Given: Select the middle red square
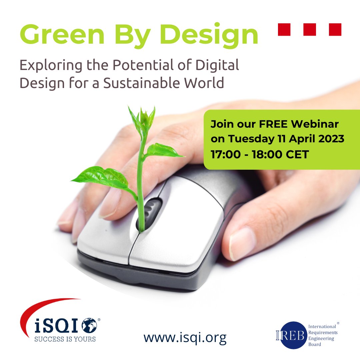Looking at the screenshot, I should click(x=310, y=29).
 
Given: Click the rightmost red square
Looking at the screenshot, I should click(x=335, y=29).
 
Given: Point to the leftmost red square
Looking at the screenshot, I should click(x=284, y=29).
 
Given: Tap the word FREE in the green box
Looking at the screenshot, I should click(x=271, y=124).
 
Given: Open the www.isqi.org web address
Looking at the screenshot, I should click(x=185, y=337).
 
